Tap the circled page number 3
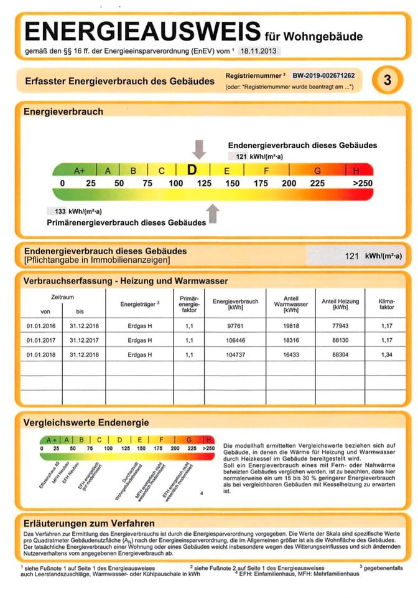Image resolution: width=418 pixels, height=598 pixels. (387, 80)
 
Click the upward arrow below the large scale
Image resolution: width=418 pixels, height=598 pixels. (213, 213)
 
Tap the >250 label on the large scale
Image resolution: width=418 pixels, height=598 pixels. (361, 183)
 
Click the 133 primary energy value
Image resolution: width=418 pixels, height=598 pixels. (61, 211)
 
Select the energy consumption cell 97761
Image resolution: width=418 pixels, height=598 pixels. (235, 325)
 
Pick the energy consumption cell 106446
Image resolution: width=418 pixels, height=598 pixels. (235, 340)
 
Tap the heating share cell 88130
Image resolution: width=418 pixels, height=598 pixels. (340, 340)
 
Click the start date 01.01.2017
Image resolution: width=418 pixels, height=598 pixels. (41, 340)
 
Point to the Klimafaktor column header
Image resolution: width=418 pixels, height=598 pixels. (386, 305)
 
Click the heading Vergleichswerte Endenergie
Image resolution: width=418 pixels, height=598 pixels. (86, 422)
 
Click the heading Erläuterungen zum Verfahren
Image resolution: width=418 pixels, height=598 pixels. (89, 523)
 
